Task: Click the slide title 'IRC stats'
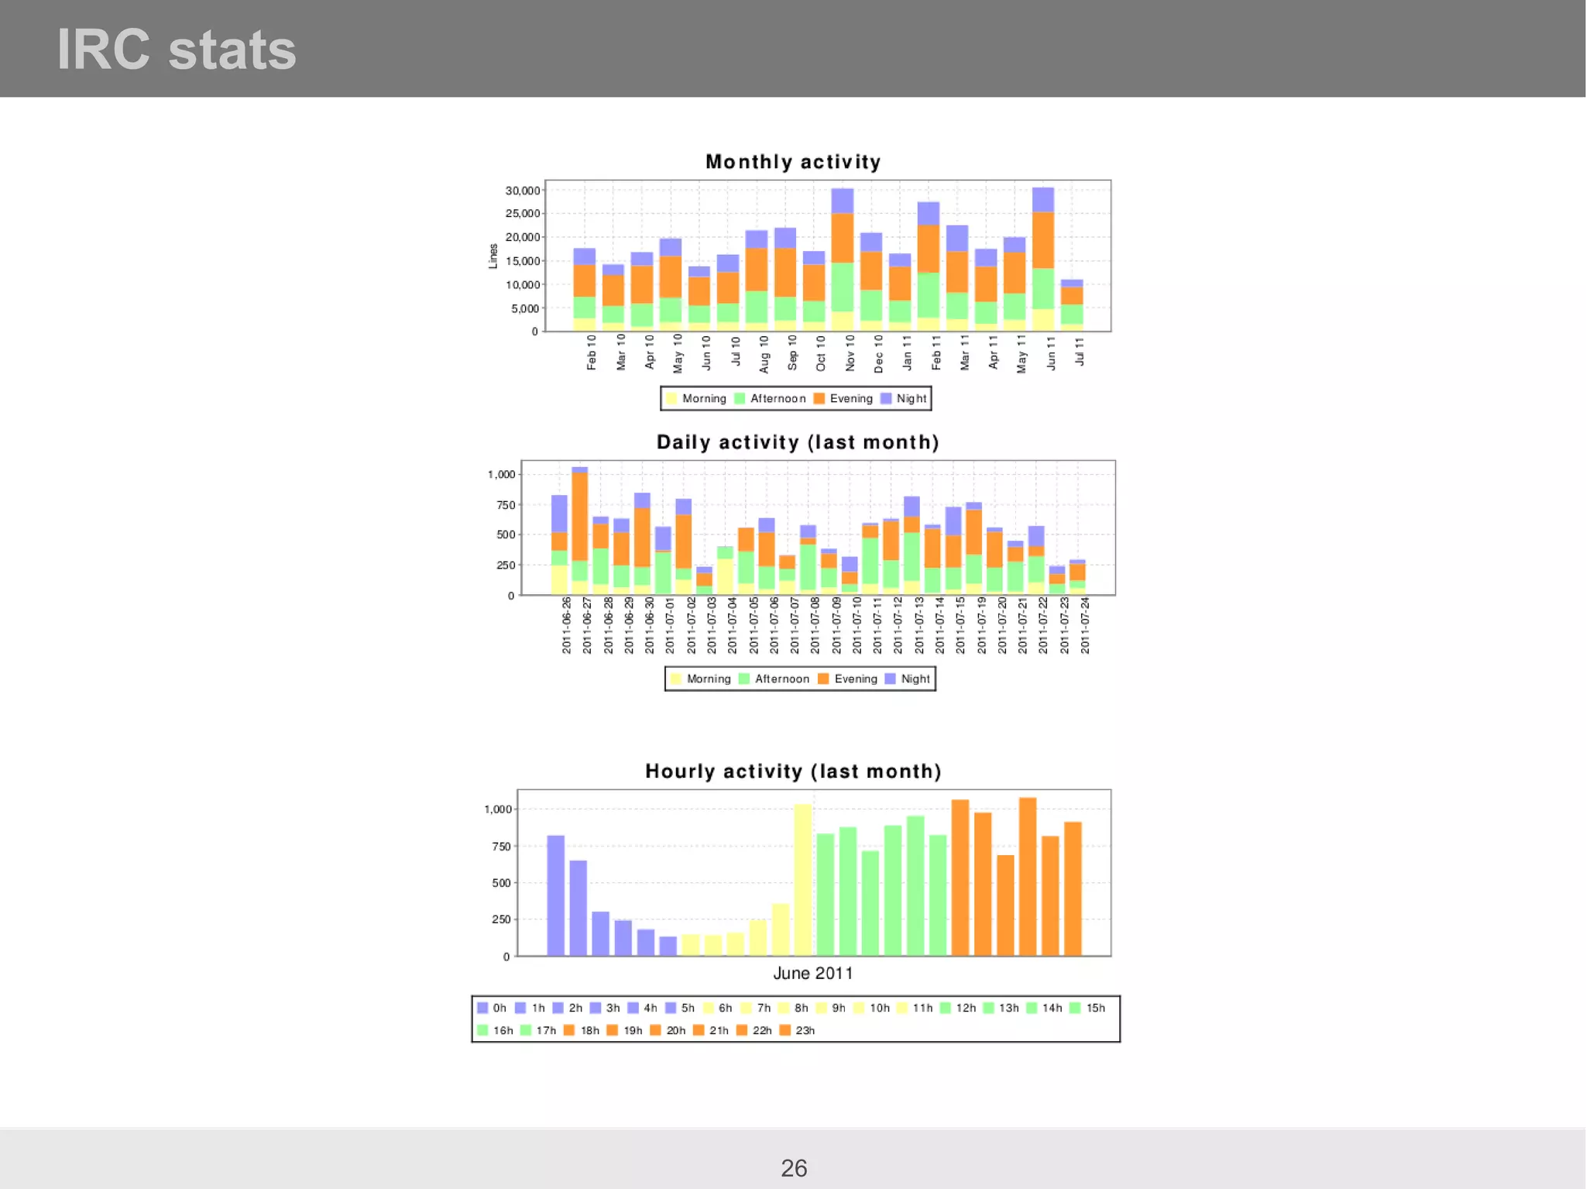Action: click(177, 50)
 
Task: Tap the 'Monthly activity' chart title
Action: click(793, 162)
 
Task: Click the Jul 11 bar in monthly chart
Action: click(1072, 305)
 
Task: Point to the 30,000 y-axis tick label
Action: click(523, 191)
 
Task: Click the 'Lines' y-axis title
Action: click(493, 256)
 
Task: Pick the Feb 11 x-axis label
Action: click(936, 352)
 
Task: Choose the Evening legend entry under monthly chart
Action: click(843, 399)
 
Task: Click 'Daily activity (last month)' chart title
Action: click(798, 442)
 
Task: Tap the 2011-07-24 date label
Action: click(1085, 625)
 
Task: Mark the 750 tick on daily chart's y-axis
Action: click(506, 505)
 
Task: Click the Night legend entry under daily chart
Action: click(908, 679)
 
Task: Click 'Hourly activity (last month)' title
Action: click(793, 771)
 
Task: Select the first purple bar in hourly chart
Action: click(555, 895)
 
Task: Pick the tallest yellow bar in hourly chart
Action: click(803, 879)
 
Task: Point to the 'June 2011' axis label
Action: click(812, 974)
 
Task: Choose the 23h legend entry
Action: click(798, 1030)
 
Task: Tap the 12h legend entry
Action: click(958, 1008)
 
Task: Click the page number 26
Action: click(794, 1168)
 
